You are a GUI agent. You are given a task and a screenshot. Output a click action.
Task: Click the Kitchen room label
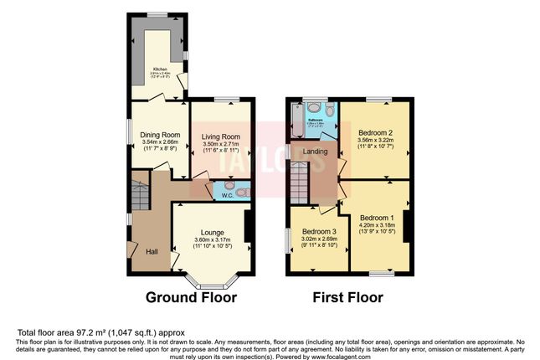[160, 69]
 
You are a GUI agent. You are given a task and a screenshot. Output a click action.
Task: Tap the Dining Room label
[159, 135]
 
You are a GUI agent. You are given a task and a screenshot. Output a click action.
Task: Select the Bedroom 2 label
[376, 132]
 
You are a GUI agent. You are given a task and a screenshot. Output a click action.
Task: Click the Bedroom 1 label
[376, 217]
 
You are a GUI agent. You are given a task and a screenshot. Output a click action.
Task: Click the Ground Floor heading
[193, 297]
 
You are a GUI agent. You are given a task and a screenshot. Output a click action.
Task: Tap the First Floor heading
[347, 297]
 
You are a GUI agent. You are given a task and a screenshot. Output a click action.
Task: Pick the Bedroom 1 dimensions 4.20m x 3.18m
[376, 225]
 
